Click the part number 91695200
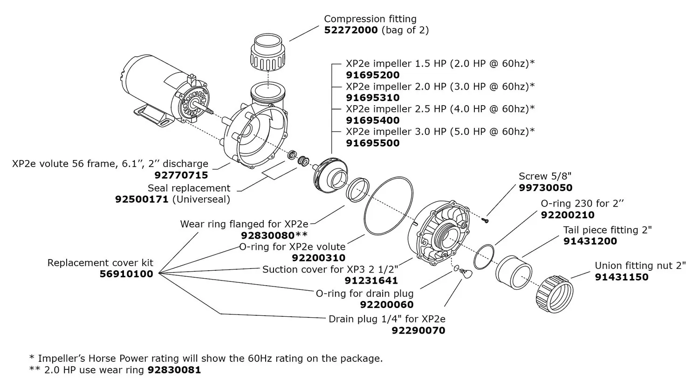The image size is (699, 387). coord(372,75)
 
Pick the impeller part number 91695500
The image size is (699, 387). coord(372,143)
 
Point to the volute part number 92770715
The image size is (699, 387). coord(181,175)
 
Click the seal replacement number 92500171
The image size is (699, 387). coord(142,200)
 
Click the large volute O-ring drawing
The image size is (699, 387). coord(388,205)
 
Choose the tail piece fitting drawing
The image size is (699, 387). coord(514,273)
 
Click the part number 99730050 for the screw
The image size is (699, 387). coord(545,188)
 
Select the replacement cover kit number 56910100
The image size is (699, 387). coord(126,274)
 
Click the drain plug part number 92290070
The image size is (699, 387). coord(418,331)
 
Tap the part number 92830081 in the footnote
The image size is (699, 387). coord(174,370)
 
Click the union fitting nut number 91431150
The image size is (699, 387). coord(621,277)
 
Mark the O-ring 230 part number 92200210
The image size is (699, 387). coord(567,215)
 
